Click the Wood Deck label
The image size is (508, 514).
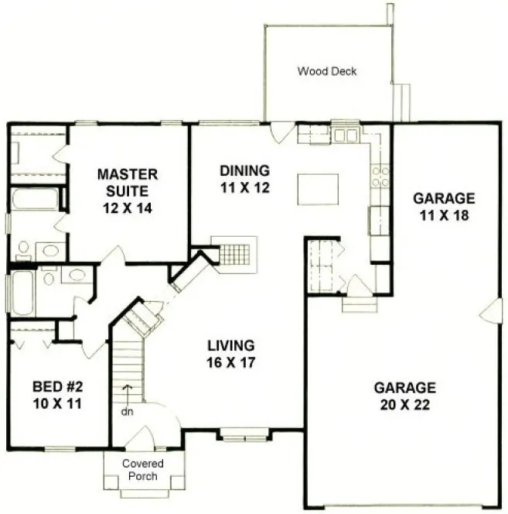pos(328,72)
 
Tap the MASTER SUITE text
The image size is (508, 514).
pos(128,182)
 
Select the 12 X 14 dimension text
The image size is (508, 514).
pos(128,207)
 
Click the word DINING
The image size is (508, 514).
pos(244,170)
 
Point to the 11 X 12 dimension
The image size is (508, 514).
pos(244,189)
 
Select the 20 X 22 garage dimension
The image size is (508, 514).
pos(404,406)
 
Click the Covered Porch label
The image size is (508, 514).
pos(142,470)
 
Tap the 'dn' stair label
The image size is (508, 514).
pos(128,411)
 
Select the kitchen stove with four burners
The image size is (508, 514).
pos(380,177)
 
